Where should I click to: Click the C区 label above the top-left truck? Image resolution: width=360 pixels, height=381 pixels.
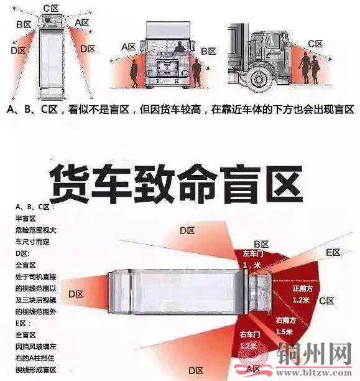pos(51,8)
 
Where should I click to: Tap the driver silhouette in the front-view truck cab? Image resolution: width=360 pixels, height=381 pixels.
pos(179,46)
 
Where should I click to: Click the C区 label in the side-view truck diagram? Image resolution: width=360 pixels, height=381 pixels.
pos(315,44)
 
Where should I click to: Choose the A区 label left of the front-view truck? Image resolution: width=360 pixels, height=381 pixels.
pos(129,47)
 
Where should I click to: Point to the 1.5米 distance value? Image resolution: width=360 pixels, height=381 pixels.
pos(285,331)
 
